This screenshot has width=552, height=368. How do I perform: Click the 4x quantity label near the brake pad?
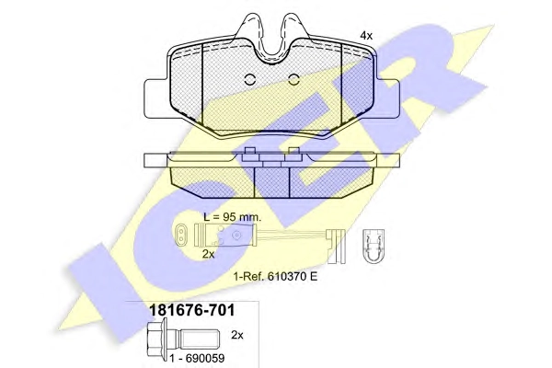pos(366,36)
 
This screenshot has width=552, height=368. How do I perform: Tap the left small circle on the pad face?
pos(249,80)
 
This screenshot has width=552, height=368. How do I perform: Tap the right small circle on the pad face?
pos(293,80)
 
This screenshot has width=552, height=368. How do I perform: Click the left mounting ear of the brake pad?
pos(157,99)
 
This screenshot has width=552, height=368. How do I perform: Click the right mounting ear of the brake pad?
pos(387,99)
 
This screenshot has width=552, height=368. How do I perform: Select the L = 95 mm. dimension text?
pos(233,217)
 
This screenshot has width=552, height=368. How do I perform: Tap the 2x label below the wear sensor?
pos(209,254)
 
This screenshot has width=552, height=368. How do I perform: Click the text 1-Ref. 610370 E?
pos(275,276)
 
